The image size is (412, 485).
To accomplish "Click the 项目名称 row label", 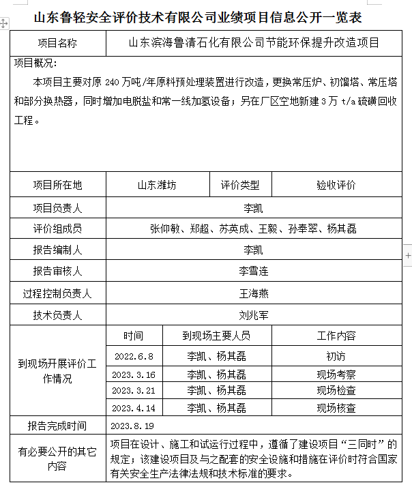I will (x=57, y=43).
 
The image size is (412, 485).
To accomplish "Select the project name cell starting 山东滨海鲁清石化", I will (x=254, y=43).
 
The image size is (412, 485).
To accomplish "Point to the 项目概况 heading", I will (x=33, y=63).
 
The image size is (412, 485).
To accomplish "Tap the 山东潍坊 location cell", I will (x=156, y=185).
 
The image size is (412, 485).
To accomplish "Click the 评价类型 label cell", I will (x=239, y=185).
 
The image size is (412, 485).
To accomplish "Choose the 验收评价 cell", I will (x=336, y=185).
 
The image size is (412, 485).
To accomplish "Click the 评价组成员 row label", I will (x=57, y=229).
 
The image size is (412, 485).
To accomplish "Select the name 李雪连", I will (x=253, y=271).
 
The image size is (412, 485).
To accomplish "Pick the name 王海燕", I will (x=253, y=293).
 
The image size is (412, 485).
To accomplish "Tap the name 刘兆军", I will (x=253, y=315).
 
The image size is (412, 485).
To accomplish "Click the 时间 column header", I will (x=134, y=336).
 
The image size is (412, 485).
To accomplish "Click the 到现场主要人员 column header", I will (x=216, y=336).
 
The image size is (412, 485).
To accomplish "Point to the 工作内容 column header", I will (x=336, y=336).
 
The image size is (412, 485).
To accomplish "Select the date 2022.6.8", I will (x=134, y=356).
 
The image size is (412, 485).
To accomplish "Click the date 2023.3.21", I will (x=134, y=391).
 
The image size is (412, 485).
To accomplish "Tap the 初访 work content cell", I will (x=336, y=356).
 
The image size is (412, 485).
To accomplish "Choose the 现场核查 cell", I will (x=336, y=408).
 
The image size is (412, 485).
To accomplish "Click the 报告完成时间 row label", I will (x=57, y=426).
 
